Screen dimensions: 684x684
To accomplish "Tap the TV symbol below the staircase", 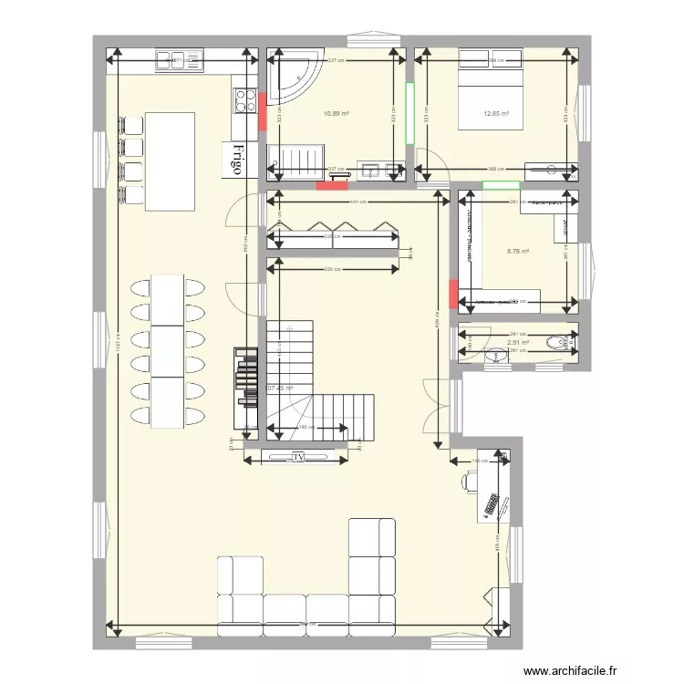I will click(297, 457).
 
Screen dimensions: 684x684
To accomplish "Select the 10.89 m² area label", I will click(337, 114).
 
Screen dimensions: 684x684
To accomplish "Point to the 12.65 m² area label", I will click(496, 114).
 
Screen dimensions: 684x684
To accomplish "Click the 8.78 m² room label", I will click(518, 252).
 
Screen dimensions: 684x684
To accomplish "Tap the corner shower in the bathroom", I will click(292, 77).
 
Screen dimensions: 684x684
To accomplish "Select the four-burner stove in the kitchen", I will click(245, 99).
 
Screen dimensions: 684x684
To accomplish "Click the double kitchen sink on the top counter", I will click(171, 60).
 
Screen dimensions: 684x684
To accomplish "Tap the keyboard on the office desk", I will click(491, 505).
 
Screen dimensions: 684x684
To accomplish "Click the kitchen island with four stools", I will click(170, 161).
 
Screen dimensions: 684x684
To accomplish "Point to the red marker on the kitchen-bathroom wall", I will click(262, 112).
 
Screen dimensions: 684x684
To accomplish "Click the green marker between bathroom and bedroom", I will click(410, 113).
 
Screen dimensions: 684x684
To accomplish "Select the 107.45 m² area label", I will click(280, 388).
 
